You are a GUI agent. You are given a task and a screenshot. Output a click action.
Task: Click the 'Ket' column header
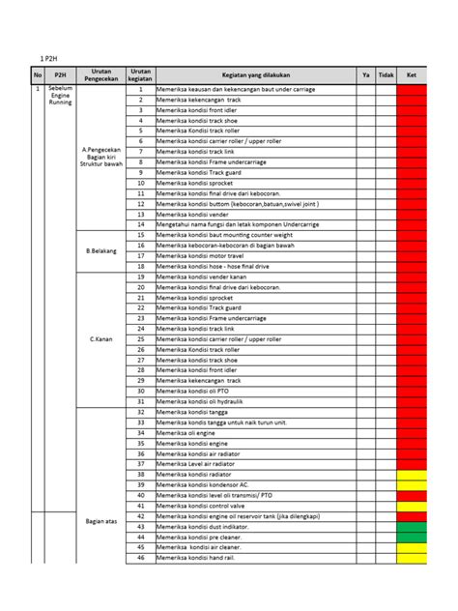(x=412, y=74)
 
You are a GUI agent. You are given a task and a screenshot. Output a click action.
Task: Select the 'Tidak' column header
(x=386, y=74)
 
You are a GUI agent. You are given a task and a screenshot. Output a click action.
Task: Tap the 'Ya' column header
(x=366, y=74)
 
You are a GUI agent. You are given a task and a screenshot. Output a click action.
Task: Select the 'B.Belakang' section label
(x=101, y=250)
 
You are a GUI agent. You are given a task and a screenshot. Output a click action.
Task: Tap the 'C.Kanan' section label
(x=101, y=339)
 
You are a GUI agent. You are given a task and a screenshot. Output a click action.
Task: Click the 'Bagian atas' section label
(x=101, y=522)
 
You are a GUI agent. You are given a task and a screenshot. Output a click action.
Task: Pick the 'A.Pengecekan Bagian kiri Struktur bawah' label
(x=101, y=157)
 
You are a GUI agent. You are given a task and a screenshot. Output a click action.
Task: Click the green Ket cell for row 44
(x=412, y=537)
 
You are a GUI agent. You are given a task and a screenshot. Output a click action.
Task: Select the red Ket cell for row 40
(x=412, y=495)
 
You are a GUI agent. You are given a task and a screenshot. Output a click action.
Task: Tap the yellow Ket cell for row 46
(x=412, y=558)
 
